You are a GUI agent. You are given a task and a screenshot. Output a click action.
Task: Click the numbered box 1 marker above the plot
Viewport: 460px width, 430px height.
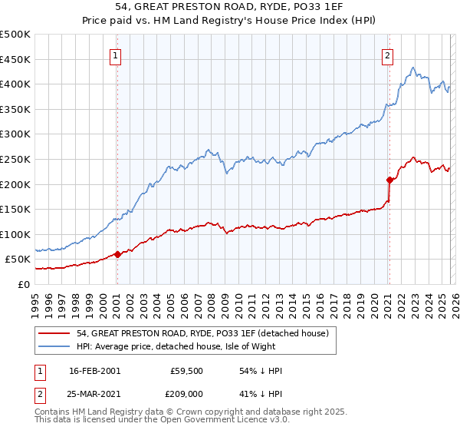[116, 55]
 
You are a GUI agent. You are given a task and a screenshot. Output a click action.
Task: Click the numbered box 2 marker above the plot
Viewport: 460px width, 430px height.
[388, 55]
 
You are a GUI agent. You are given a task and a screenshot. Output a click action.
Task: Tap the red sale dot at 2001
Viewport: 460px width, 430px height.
[117, 254]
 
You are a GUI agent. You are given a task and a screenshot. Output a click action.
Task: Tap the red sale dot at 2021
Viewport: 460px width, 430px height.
[389, 180]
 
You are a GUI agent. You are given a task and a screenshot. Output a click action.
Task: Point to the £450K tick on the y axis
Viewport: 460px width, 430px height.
[15, 59]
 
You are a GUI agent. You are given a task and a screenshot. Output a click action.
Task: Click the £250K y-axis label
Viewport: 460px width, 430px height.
[15, 159]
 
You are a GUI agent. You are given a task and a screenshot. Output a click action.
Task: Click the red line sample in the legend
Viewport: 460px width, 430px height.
[55, 333]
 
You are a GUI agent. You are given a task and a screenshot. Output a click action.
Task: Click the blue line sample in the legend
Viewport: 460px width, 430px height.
[55, 346]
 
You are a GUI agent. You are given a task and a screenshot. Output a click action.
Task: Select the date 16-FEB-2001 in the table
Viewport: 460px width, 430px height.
[94, 371]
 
